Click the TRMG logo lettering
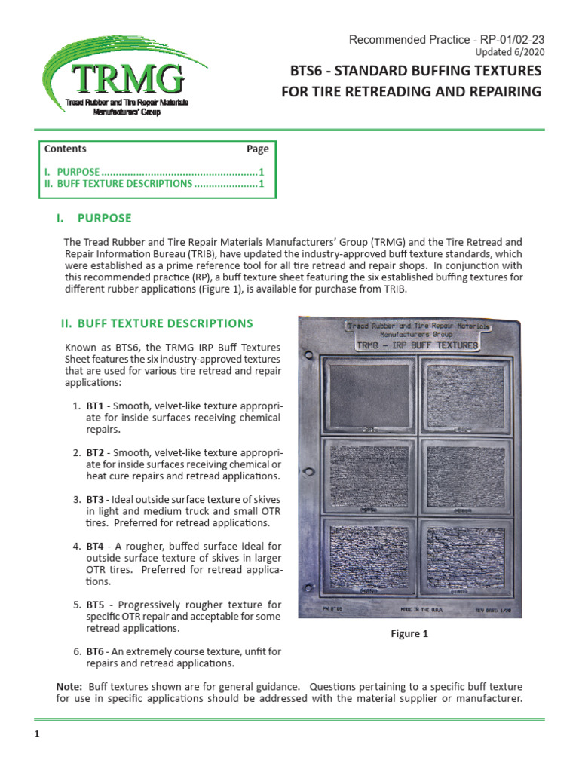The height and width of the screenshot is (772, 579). (x=127, y=78)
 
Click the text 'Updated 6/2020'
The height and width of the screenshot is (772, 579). (x=510, y=52)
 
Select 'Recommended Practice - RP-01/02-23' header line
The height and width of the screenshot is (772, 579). (x=446, y=39)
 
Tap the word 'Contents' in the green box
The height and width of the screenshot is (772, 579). (x=66, y=149)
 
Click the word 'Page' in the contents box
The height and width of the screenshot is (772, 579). (x=257, y=149)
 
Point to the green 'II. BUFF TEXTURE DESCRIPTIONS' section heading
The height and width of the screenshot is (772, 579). (x=156, y=323)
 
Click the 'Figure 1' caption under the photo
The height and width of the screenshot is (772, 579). (x=409, y=634)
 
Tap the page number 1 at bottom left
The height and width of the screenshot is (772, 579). (x=36, y=734)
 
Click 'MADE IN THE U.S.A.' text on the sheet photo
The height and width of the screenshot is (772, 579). (x=417, y=607)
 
